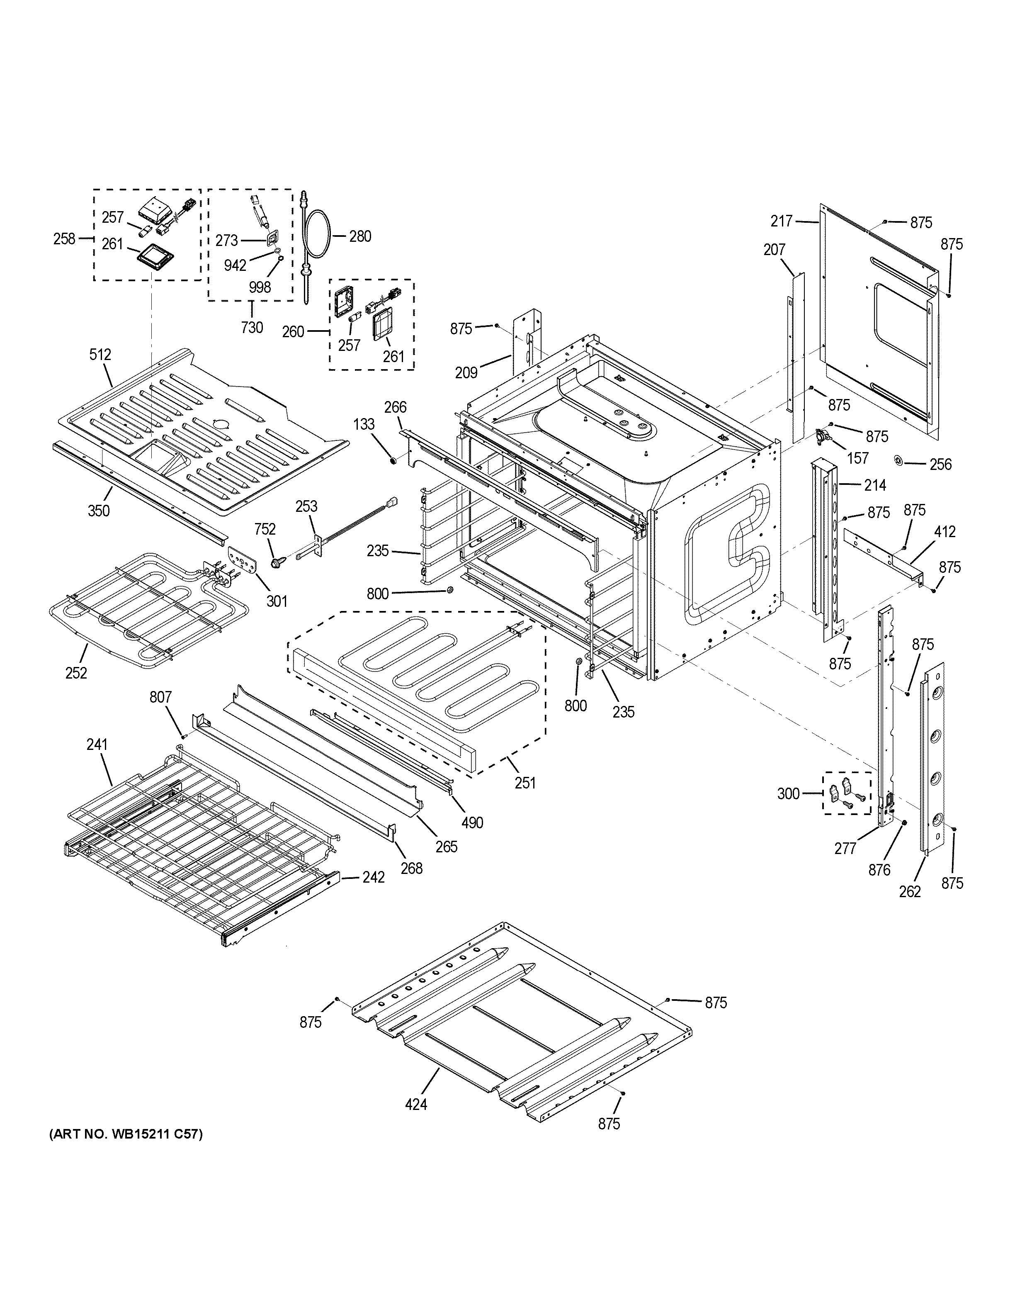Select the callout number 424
tap(416, 1104)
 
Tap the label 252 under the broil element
tap(76, 673)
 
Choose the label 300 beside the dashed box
tap(788, 793)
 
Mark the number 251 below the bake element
tap(525, 783)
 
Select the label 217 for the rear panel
tap(782, 221)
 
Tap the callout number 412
tap(945, 532)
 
